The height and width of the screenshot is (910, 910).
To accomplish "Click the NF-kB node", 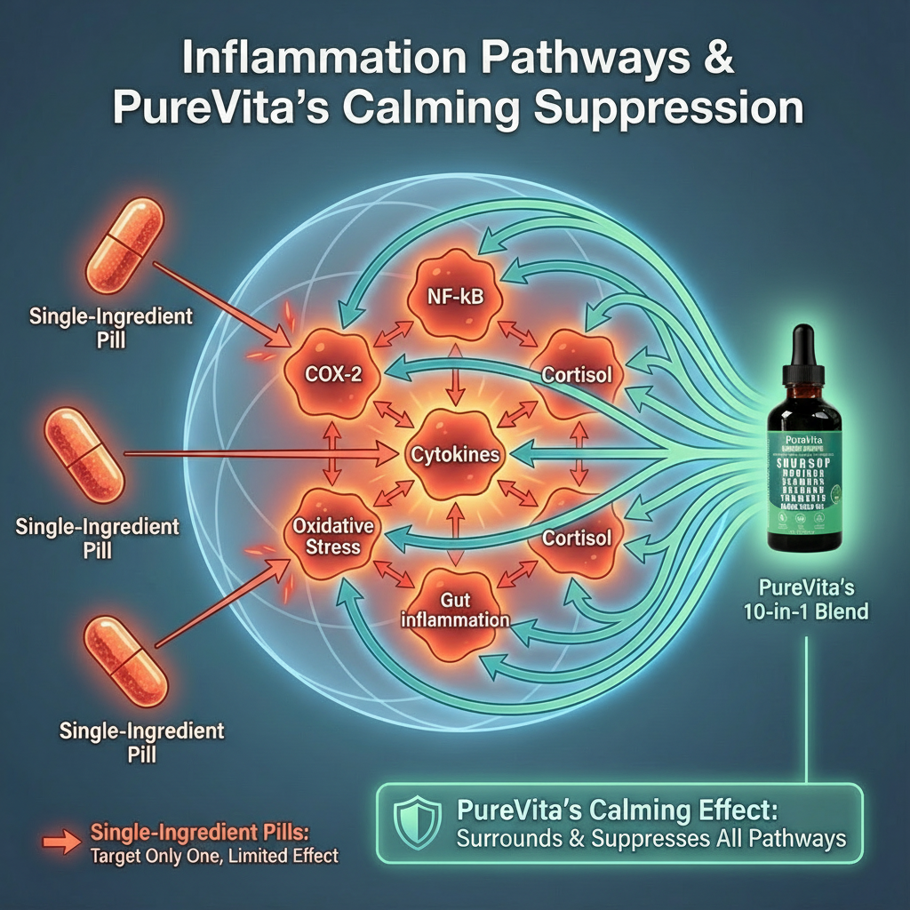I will coord(456,296).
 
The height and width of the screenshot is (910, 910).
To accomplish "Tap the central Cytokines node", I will coord(455,454).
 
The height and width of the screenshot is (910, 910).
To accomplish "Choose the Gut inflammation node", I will coord(454,611).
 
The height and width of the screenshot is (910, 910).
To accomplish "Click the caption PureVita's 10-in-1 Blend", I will coord(807,599).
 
